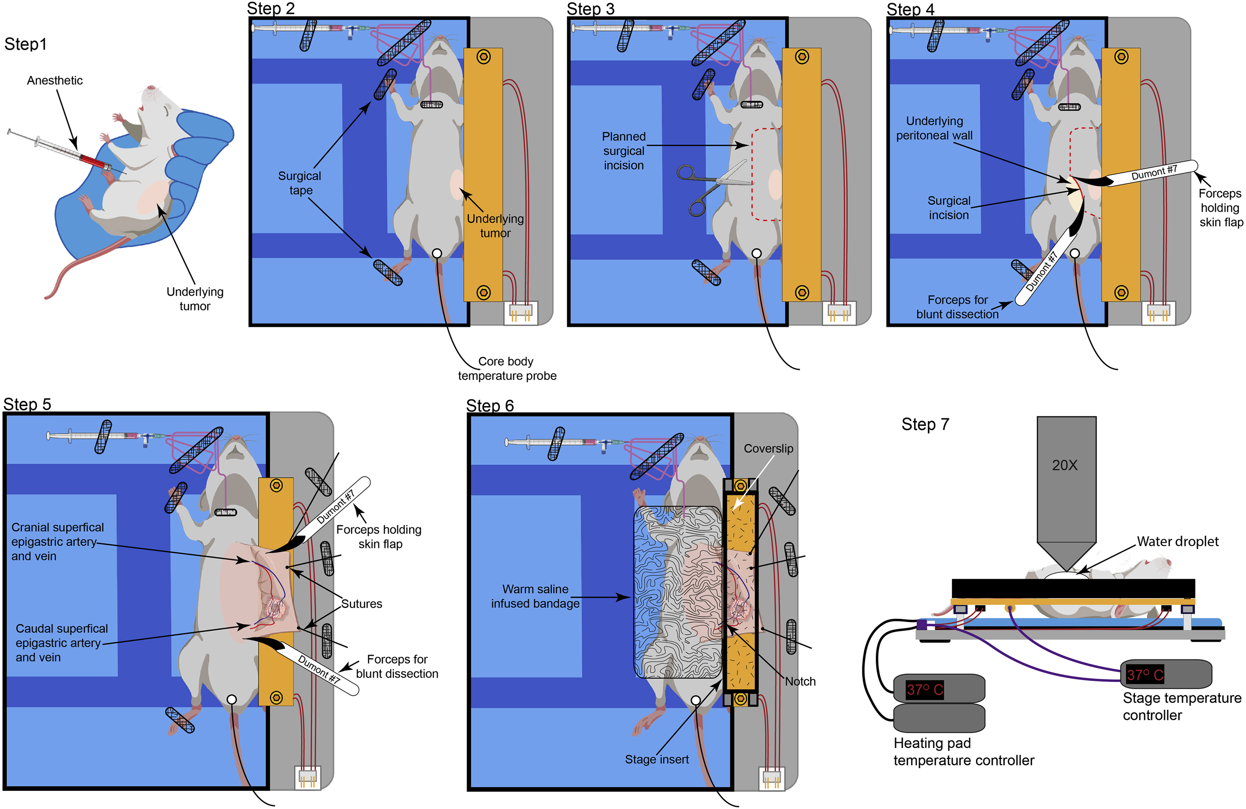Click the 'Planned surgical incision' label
(x=623, y=151)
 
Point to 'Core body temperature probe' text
(x=506, y=368)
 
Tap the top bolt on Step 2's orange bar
(x=483, y=57)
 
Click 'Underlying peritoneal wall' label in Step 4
(x=934, y=128)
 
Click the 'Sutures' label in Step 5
(x=361, y=604)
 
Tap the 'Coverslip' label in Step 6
(x=768, y=449)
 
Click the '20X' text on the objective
(x=1065, y=466)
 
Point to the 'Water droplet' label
(x=1177, y=541)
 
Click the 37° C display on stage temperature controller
(x=1145, y=675)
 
